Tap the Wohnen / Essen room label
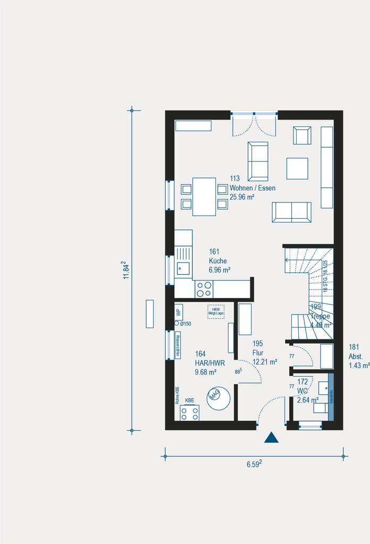(253, 188)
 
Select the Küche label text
(218, 261)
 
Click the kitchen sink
(183, 268)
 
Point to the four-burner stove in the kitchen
(204, 289)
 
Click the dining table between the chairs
(204, 197)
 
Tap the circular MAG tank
(218, 397)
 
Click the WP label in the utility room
(179, 311)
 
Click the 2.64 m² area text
(307, 400)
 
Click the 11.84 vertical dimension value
(126, 270)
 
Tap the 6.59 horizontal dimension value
(254, 464)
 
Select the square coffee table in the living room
(297, 168)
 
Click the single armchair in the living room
(302, 135)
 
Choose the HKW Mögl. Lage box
(216, 311)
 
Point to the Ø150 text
(185, 324)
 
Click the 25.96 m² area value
(242, 197)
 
